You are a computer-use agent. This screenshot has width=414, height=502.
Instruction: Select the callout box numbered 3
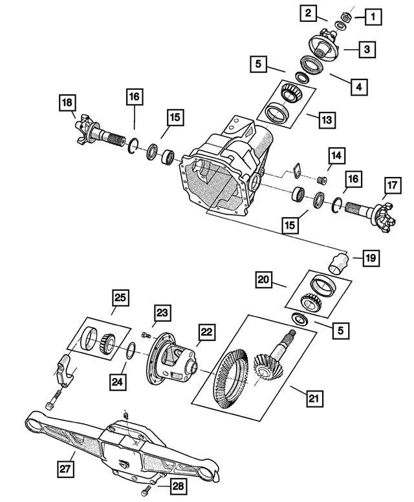[x=366, y=49]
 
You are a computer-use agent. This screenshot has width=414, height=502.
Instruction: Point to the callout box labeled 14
[x=336, y=156]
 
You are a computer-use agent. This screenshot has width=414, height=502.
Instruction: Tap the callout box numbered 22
[x=206, y=332]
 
